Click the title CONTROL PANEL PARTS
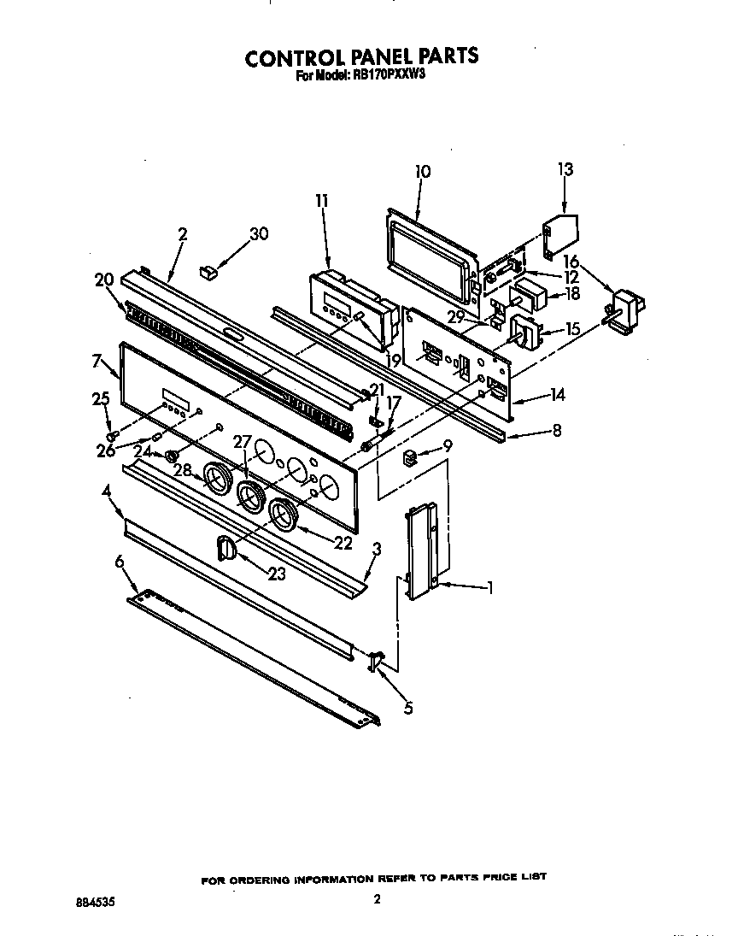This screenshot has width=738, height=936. pyautogui.click(x=361, y=57)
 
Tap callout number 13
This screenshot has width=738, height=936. pyautogui.click(x=565, y=169)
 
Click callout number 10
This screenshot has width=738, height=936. pyautogui.click(x=422, y=172)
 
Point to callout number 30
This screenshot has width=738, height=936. pyautogui.click(x=258, y=234)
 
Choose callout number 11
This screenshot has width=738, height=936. pyautogui.click(x=321, y=202)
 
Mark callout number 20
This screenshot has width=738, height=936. pyautogui.click(x=104, y=279)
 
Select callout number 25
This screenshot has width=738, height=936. pyautogui.click(x=101, y=399)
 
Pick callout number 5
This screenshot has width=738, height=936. pyautogui.click(x=407, y=708)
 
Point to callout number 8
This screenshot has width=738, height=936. pyautogui.click(x=556, y=432)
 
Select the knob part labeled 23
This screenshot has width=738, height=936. pyautogui.click(x=225, y=548)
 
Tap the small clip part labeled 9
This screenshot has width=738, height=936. pyautogui.click(x=410, y=459)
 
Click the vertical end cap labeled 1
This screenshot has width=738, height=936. pyautogui.click(x=425, y=552)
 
